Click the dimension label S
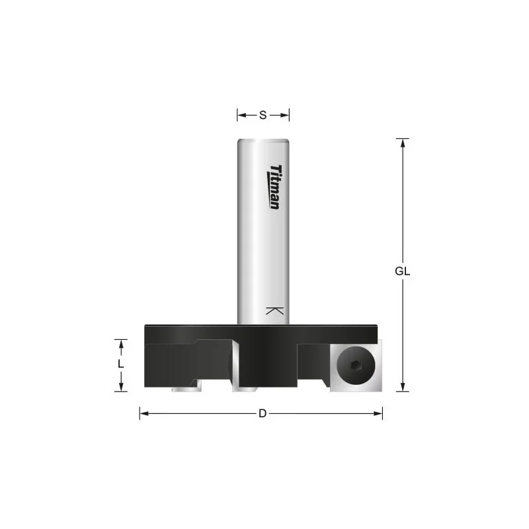263,115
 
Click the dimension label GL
402,271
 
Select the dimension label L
120,364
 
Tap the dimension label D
263,413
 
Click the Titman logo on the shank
274,187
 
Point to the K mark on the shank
274,311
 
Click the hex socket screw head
356,366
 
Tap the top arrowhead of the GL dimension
403,143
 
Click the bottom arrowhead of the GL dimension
403,387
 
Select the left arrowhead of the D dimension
144,413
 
